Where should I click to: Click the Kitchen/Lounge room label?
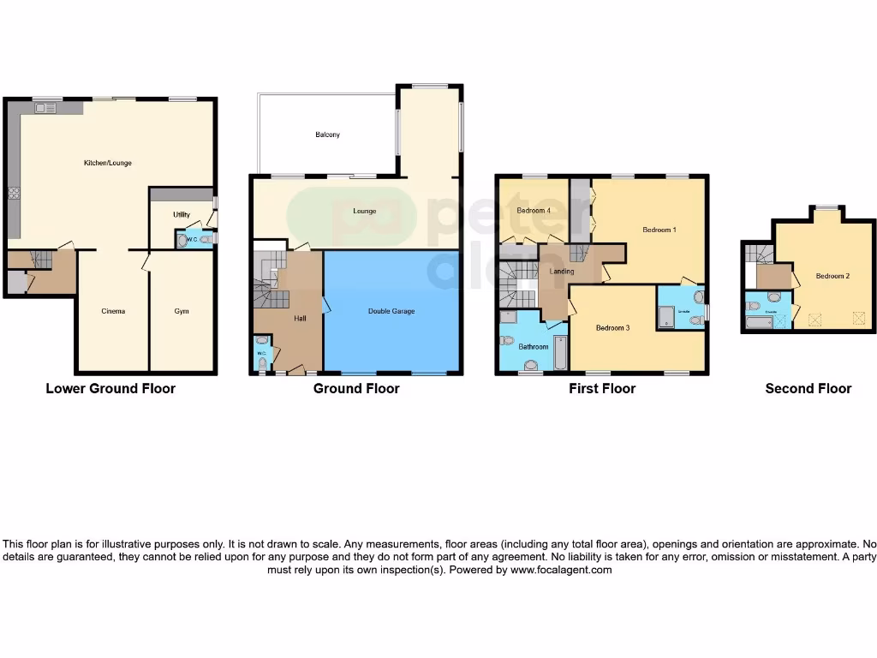[x=107, y=163]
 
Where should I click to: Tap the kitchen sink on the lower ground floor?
[x=45, y=107]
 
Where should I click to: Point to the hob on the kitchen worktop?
[x=14, y=194]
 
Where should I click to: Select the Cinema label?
[x=113, y=311]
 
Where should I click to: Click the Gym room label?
[x=182, y=311]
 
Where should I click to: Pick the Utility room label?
[x=181, y=215]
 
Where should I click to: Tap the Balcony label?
[x=327, y=135]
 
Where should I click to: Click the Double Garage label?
[x=391, y=311]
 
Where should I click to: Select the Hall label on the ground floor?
[x=300, y=318]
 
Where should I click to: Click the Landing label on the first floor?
[x=562, y=272]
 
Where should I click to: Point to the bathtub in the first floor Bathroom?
[x=560, y=352]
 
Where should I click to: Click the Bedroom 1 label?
[x=660, y=230]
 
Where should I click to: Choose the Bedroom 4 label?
[x=534, y=211]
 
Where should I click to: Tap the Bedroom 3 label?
[x=612, y=328]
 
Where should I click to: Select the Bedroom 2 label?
[x=832, y=276]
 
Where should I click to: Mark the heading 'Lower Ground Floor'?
[x=110, y=388]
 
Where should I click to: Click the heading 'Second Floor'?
[x=808, y=388]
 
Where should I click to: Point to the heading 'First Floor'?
[x=602, y=388]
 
